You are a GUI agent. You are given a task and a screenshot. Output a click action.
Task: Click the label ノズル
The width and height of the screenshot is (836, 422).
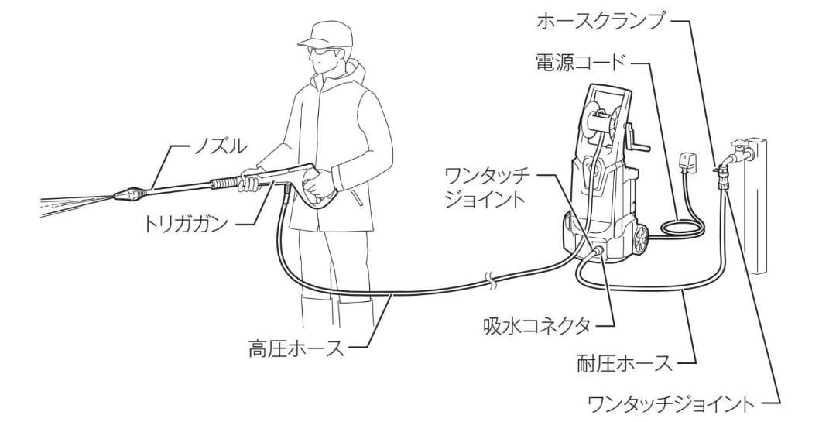tap(221, 145)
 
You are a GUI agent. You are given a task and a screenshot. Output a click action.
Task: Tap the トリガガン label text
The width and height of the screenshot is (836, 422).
tap(186, 225)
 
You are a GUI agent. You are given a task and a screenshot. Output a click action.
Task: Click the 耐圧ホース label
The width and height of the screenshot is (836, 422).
tap(625, 362)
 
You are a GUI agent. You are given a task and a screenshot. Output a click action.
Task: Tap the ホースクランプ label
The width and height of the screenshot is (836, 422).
tap(601, 21)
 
